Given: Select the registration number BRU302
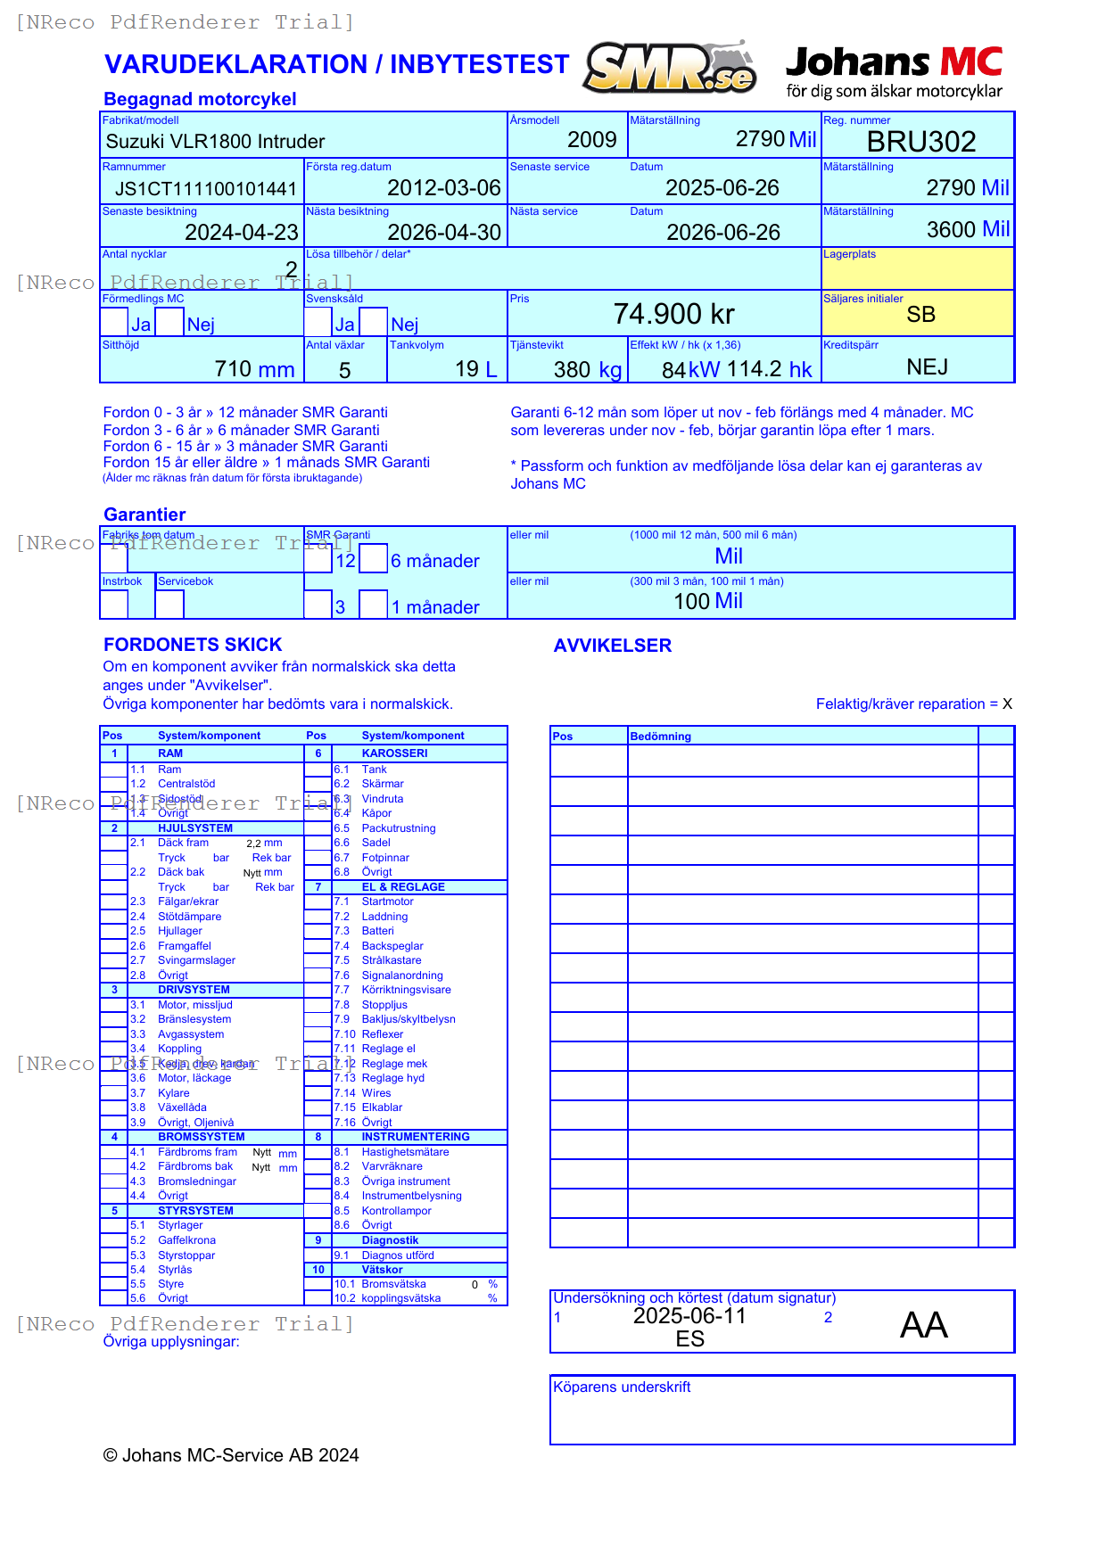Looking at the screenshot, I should pos(920,142).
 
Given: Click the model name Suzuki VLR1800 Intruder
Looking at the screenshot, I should pos(215,142).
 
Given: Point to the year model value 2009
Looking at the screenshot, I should pos(591,140).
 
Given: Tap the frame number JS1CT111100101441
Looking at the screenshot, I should pos(205,189).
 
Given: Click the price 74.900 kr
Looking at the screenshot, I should pos(673,315).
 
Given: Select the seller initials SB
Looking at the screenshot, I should pos(920,315).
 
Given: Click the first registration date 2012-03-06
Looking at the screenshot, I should pos(443,188).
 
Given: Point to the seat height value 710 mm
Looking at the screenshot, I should pos(254,369).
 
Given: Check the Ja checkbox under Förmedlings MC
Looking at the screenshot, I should pos(114,322).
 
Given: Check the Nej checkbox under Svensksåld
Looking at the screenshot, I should pos(374,322).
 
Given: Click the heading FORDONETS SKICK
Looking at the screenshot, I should pos(193,645).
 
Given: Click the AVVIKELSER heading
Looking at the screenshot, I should pos(612,646).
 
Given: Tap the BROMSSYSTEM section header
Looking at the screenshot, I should pos(201,1137).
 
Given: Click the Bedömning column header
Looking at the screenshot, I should pos(660,737).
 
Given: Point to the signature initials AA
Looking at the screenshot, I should pos(923,1326).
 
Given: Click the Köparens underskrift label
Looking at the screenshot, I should pos(622,1387).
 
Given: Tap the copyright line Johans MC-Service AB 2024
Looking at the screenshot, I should pos(231,1456).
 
